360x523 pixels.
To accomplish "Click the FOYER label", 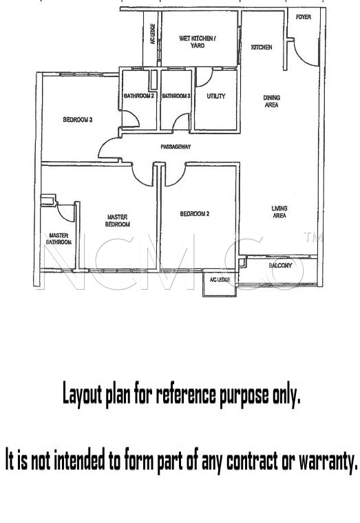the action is (x=304, y=17).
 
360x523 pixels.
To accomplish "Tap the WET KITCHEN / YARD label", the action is (x=197, y=42).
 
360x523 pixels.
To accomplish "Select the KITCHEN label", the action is (x=262, y=47).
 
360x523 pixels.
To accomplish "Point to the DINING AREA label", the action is (x=272, y=101).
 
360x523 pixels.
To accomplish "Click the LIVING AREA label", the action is (x=279, y=212).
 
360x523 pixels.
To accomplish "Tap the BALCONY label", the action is (x=280, y=266).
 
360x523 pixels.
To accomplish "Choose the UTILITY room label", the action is (x=216, y=96).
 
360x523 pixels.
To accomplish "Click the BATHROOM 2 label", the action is (x=139, y=96).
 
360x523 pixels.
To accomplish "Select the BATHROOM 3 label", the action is (x=176, y=96).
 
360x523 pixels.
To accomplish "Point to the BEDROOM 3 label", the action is (x=78, y=120).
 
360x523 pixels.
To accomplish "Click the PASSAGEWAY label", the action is (x=176, y=147).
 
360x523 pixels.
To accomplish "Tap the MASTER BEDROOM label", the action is (x=118, y=220).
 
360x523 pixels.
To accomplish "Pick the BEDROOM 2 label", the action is (x=195, y=214).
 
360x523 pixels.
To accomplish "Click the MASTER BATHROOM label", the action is (x=59, y=239).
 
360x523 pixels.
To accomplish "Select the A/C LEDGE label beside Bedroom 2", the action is (x=220, y=279).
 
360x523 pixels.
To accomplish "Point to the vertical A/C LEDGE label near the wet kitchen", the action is (x=153, y=34).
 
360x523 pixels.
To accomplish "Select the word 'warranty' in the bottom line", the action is (x=328, y=462).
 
